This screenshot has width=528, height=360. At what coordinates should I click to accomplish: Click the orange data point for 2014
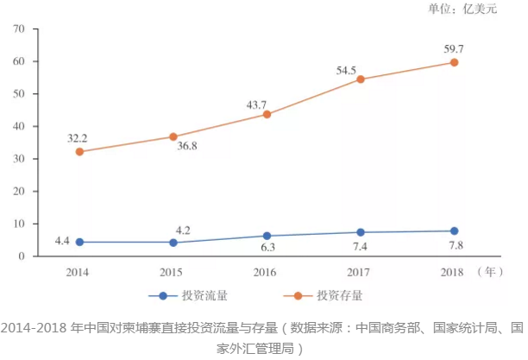click(79, 152)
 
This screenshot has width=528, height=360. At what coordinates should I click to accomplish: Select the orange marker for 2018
click(454, 62)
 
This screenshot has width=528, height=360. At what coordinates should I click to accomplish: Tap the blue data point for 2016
click(267, 236)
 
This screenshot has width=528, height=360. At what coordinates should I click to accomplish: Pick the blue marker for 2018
click(454, 231)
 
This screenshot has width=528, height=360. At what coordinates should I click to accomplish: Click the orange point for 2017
click(361, 79)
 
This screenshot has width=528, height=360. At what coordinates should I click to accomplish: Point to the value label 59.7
click(455, 47)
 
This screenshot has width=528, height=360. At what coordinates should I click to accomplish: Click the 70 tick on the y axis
click(18, 29)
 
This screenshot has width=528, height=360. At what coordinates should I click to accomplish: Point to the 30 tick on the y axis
click(18, 159)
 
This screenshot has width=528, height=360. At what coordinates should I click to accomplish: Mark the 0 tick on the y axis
click(22, 256)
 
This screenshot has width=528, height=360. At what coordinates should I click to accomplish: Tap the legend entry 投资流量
click(198, 295)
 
